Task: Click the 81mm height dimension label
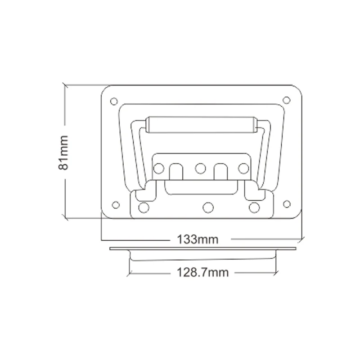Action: click(63, 153)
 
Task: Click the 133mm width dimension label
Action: click(198, 239)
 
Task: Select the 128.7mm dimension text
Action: click(203, 273)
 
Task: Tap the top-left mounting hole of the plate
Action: click(114, 101)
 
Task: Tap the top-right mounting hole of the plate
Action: click(286, 100)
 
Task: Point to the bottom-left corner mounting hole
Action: click(116, 205)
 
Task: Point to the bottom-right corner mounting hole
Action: click(287, 204)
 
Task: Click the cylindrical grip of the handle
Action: click(201, 125)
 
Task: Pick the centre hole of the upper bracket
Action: click(200, 168)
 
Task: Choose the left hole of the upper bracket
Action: click(158, 168)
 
